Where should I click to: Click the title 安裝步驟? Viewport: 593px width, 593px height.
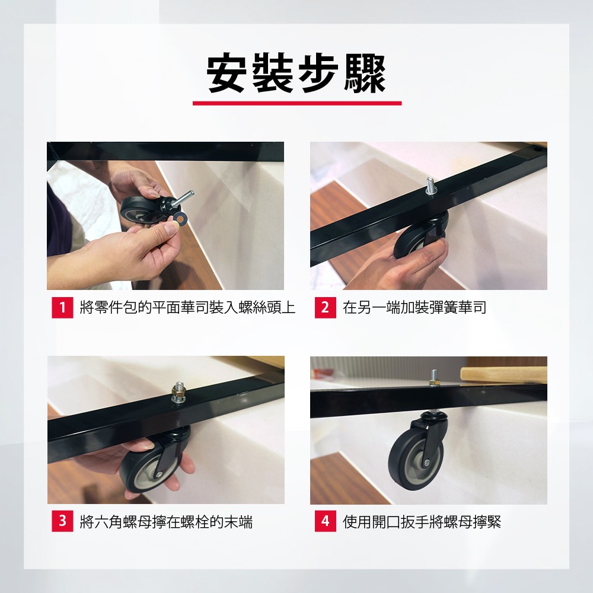(x=296, y=74)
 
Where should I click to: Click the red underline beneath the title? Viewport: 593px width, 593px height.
(x=297, y=103)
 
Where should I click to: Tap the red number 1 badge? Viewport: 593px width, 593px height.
(x=62, y=307)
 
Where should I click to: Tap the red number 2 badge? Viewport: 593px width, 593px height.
(x=325, y=307)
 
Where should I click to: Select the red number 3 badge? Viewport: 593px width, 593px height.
(x=62, y=521)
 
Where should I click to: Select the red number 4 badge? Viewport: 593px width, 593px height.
(x=325, y=521)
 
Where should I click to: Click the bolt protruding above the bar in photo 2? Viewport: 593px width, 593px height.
(x=429, y=186)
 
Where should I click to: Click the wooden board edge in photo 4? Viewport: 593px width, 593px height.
(x=503, y=374)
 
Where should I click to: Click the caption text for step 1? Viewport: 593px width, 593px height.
(x=187, y=307)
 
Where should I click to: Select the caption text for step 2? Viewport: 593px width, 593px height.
(x=415, y=307)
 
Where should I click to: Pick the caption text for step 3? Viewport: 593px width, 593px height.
(x=166, y=521)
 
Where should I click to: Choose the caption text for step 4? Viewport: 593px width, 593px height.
(x=422, y=521)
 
